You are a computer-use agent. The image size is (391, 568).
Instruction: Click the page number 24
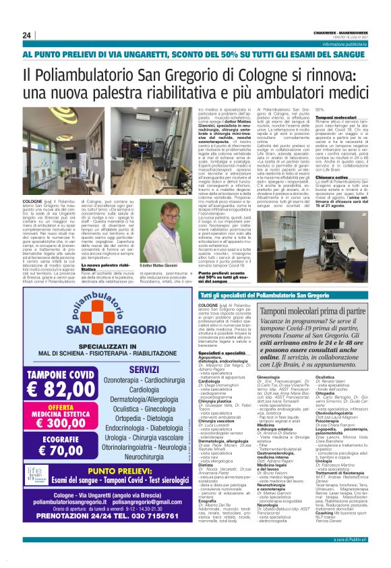coord(27,35)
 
